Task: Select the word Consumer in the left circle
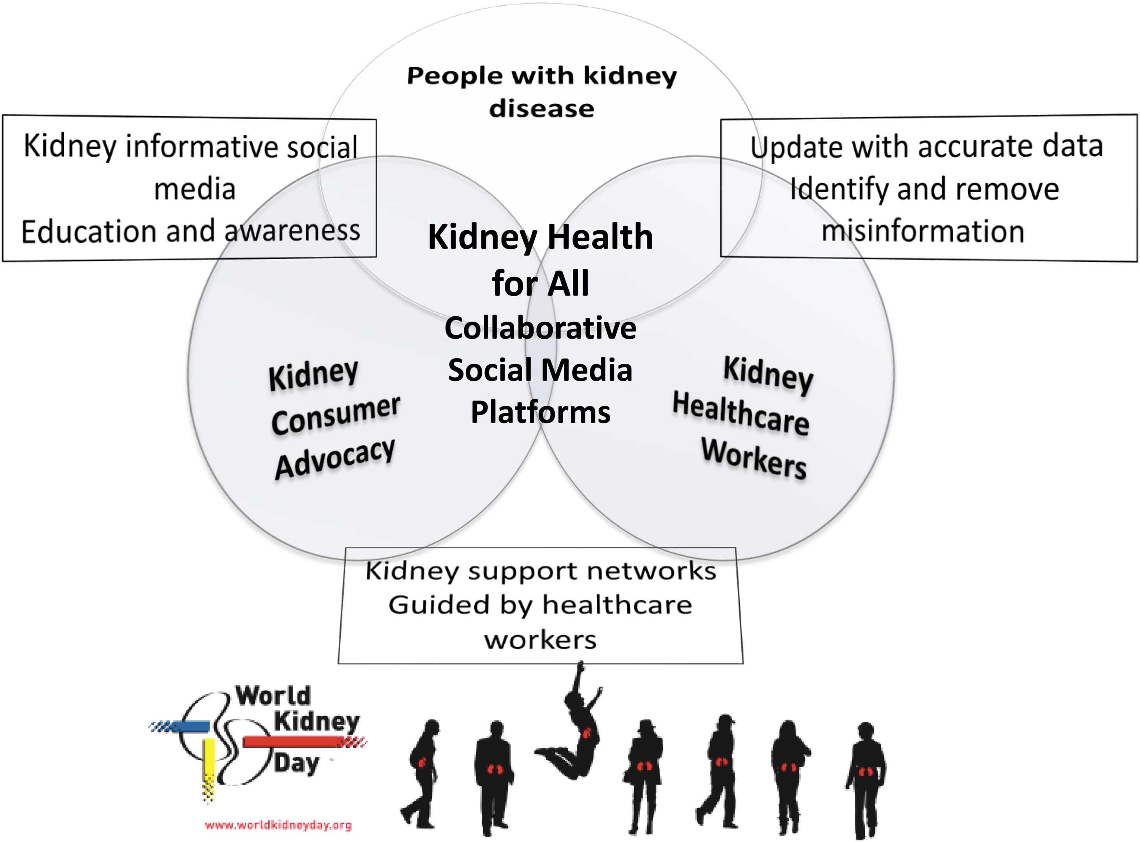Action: click(336, 415)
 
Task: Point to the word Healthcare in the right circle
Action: click(740, 413)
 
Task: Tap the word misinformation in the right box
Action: click(923, 231)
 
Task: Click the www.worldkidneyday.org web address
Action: click(278, 825)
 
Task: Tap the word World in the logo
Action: click(273, 696)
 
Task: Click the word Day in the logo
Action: click(297, 763)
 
